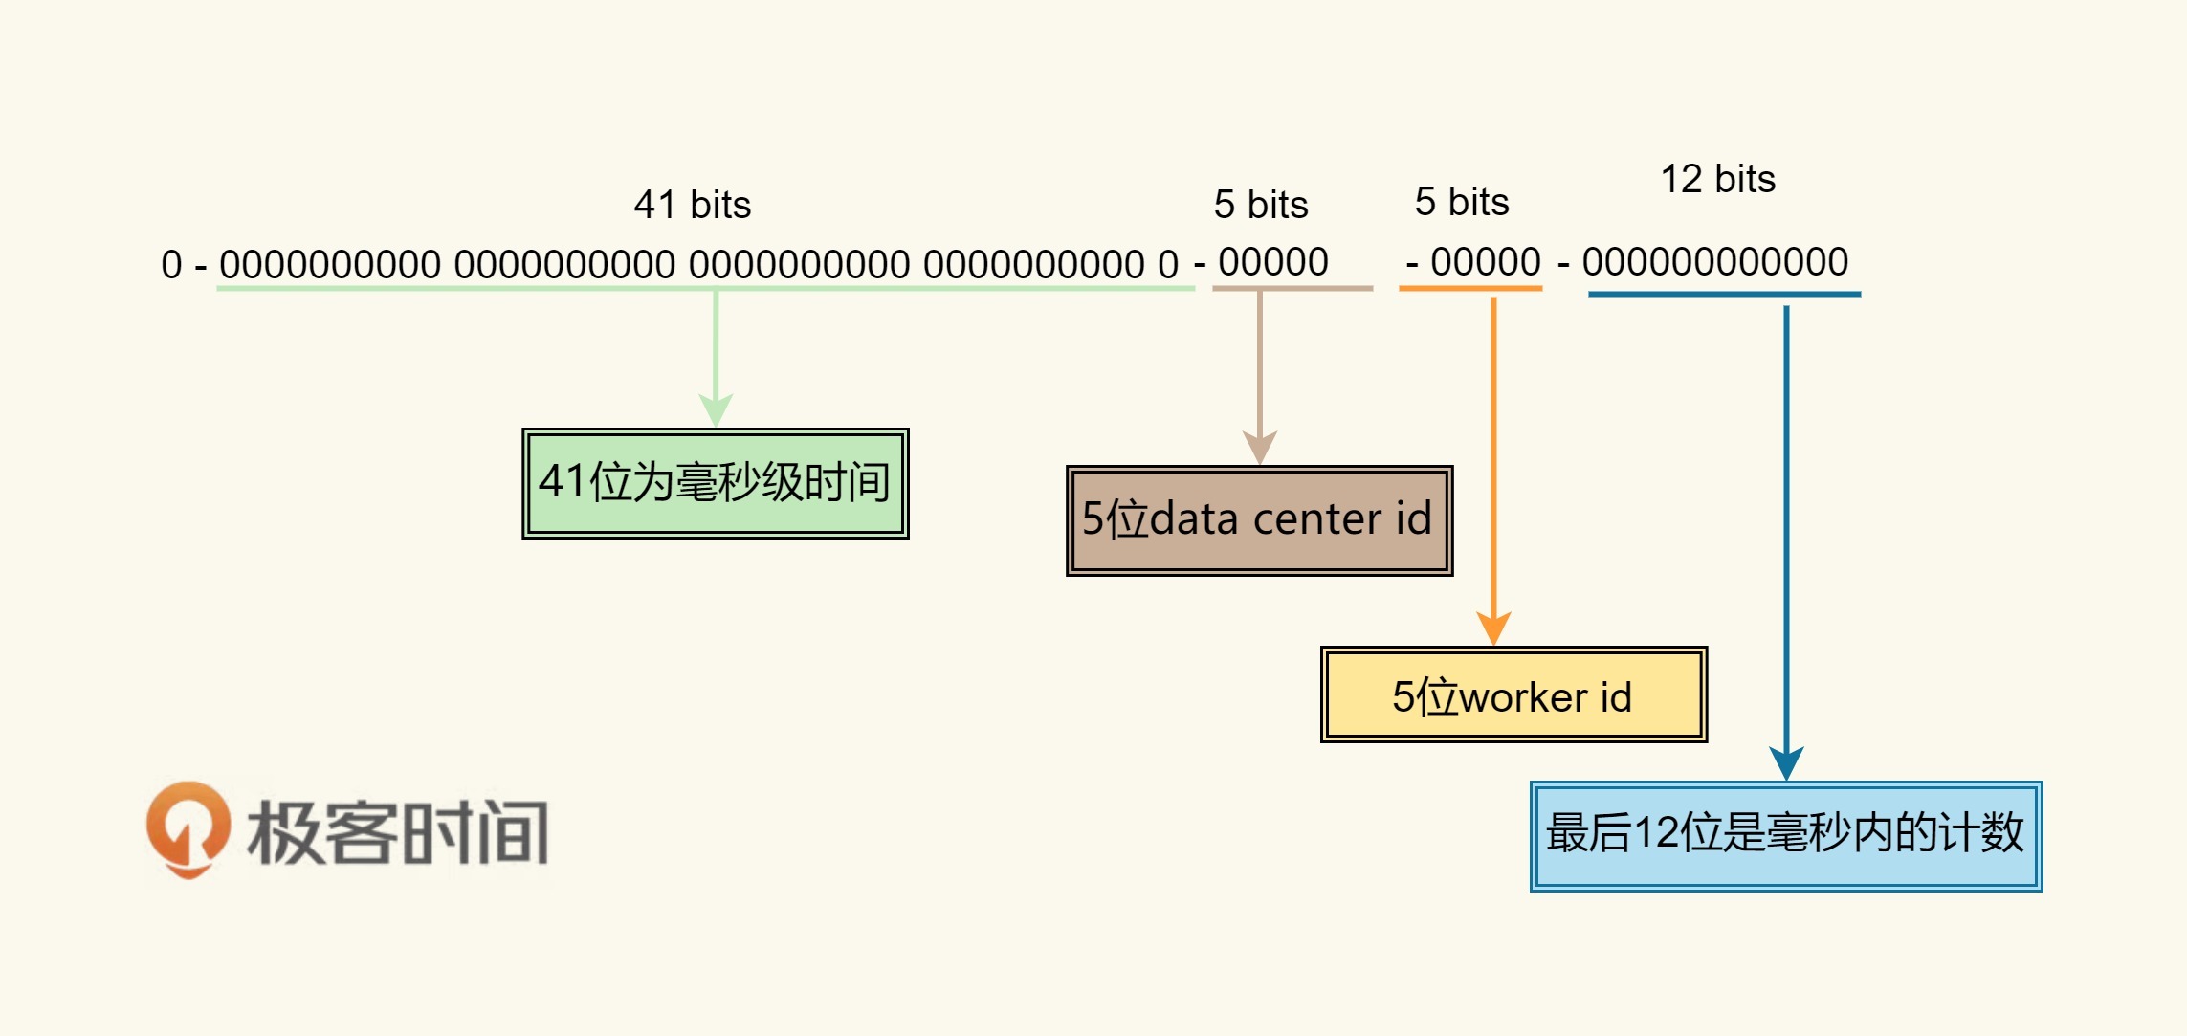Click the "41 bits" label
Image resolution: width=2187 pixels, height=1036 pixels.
(x=692, y=205)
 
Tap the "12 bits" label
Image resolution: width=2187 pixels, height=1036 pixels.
(x=1717, y=179)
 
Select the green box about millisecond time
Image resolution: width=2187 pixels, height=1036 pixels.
(x=716, y=483)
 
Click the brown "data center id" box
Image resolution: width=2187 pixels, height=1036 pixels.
(x=1259, y=520)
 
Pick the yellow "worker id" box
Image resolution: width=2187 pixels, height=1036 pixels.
(x=1513, y=695)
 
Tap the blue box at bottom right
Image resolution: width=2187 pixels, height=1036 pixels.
(x=1785, y=835)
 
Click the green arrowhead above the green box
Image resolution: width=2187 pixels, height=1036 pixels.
(x=716, y=409)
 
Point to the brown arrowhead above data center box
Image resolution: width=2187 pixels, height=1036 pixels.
(x=1260, y=447)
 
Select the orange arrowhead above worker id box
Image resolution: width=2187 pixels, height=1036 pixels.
(x=1493, y=628)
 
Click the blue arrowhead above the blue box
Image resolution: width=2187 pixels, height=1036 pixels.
(x=1786, y=762)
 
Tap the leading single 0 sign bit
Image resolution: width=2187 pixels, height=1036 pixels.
(x=171, y=265)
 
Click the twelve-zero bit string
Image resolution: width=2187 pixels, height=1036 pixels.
(x=1714, y=262)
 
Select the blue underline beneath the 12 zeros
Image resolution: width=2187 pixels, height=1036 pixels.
(x=1724, y=294)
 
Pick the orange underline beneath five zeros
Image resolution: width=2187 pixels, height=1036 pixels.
(x=1470, y=287)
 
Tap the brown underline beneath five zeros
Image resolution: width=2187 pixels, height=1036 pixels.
(x=1292, y=287)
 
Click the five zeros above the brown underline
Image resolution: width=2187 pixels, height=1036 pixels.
(x=1273, y=262)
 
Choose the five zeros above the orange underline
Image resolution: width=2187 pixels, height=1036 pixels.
(x=1486, y=262)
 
